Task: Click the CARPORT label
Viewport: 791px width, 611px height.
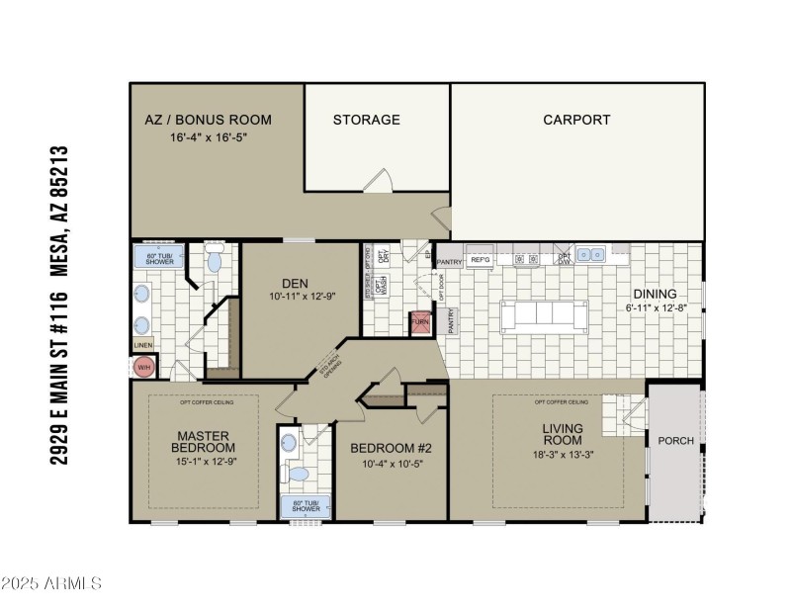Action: point(576,120)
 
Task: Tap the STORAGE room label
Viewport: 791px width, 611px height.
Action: point(366,120)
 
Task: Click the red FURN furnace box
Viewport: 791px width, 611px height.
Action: point(421,323)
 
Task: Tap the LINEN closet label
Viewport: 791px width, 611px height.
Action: point(142,345)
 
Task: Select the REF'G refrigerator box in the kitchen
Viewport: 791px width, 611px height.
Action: point(481,259)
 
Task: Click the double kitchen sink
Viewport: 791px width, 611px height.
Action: point(592,254)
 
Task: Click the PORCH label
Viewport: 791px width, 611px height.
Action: point(676,441)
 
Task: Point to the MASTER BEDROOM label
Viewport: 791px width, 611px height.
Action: point(204,441)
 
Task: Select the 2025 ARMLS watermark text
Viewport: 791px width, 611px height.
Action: point(51,583)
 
